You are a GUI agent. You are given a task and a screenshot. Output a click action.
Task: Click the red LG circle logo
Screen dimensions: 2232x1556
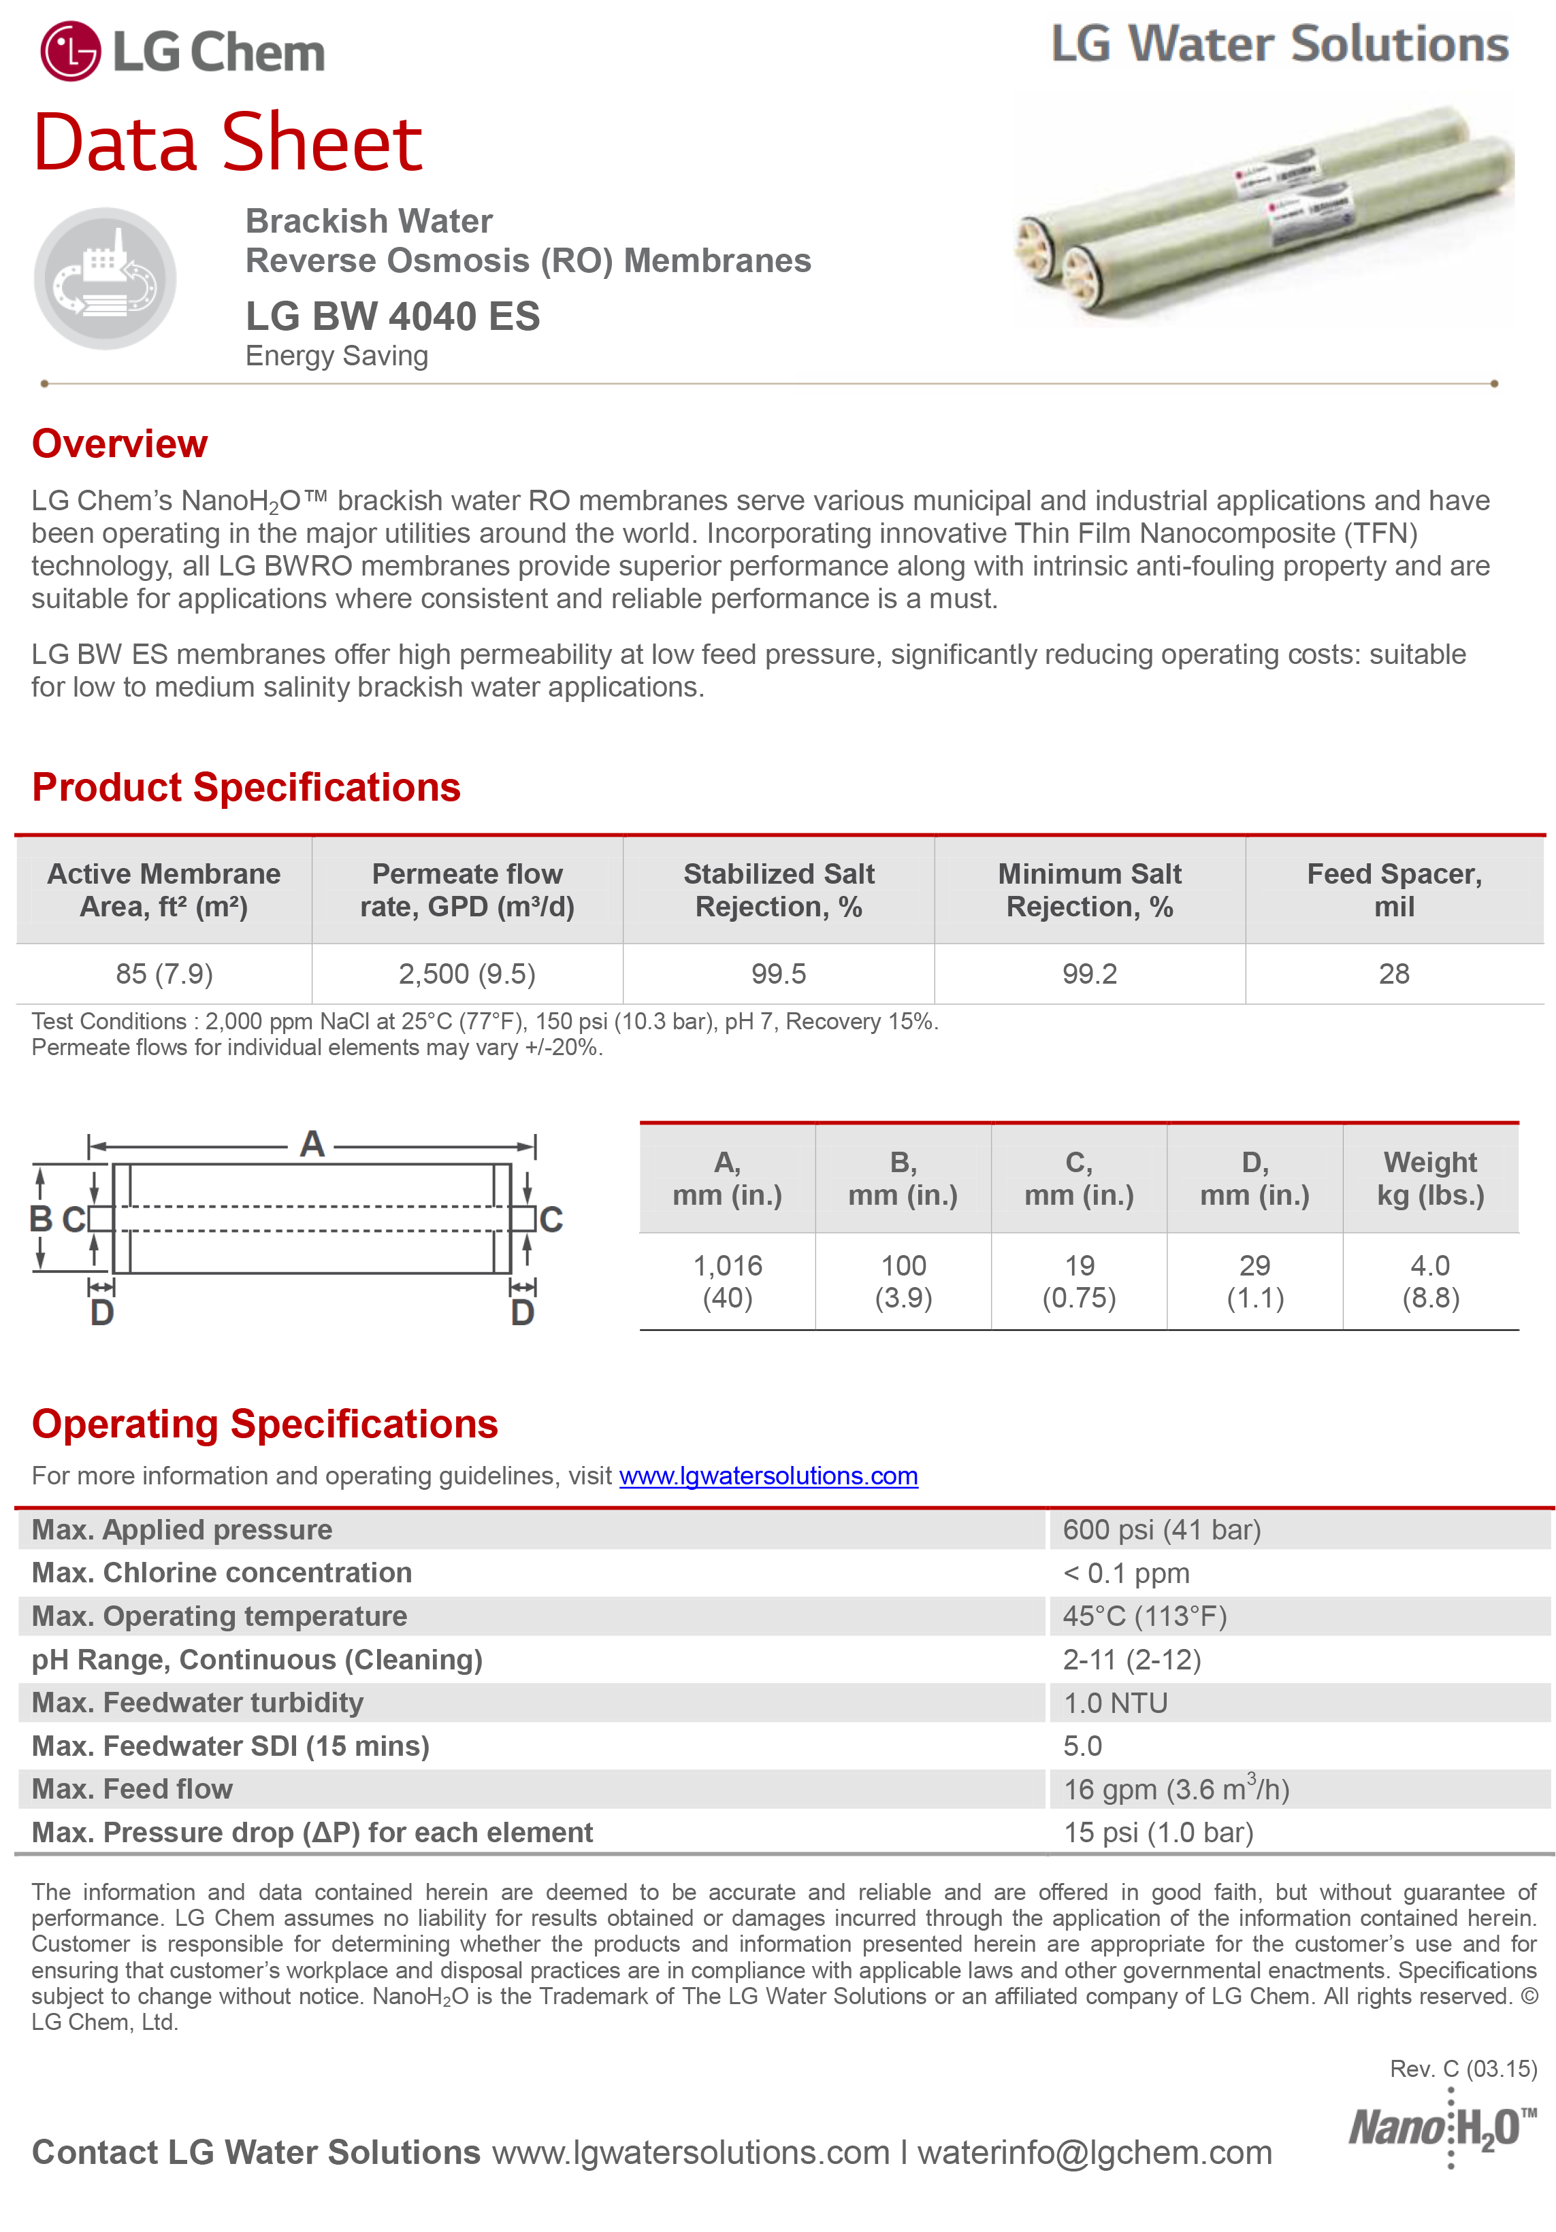pyautogui.click(x=70, y=52)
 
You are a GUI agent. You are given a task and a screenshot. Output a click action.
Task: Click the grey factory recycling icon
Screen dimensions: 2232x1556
pyautogui.click(x=105, y=279)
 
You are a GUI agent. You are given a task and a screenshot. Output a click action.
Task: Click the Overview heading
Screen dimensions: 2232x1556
pyautogui.click(x=120, y=444)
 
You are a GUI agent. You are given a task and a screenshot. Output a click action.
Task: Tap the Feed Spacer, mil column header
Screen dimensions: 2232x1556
pyautogui.click(x=1393, y=890)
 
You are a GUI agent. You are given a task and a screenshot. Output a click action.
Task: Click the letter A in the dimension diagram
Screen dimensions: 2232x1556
pyautogui.click(x=311, y=1144)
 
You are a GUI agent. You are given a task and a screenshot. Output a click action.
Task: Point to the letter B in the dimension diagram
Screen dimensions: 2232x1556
pyautogui.click(x=41, y=1218)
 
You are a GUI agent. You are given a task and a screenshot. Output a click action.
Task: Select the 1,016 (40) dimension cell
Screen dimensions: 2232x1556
pyautogui.click(x=728, y=1281)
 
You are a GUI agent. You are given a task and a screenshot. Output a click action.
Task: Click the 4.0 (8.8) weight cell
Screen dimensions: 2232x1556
pyautogui.click(x=1429, y=1281)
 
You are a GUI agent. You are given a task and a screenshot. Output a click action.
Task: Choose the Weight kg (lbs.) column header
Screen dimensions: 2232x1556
pyautogui.click(x=1429, y=1178)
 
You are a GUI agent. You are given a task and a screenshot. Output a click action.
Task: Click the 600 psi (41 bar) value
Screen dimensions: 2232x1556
pyautogui.click(x=1161, y=1530)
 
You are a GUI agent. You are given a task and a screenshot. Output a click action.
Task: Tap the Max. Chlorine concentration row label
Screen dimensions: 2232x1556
pyautogui.click(x=222, y=1573)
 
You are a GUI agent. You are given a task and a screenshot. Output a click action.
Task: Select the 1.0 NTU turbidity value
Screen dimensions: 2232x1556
pyautogui.click(x=1114, y=1703)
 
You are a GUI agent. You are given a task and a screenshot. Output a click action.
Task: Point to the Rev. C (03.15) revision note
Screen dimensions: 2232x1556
pyautogui.click(x=1463, y=2069)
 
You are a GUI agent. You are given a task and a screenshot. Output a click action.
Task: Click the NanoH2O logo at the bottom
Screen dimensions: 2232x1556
pyautogui.click(x=1442, y=2129)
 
